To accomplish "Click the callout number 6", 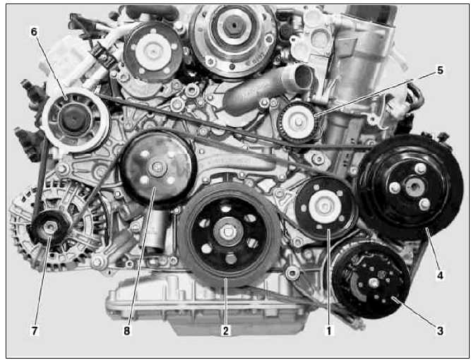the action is pyautogui.click(x=34, y=31).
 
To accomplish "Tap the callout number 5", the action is pyautogui.click(x=440, y=71).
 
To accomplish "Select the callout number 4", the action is pyautogui.click(x=440, y=275).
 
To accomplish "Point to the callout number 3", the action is pyautogui.click(x=440, y=331).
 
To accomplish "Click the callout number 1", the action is pyautogui.click(x=329, y=331).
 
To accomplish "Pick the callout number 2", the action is pyautogui.click(x=225, y=331).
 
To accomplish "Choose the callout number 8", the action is pyautogui.click(x=127, y=331).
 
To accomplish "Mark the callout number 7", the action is pyautogui.click(x=34, y=331).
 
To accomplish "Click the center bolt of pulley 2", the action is pyautogui.click(x=228, y=232).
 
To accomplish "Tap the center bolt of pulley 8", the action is pyautogui.click(x=157, y=167).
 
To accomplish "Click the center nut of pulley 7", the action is pyautogui.click(x=49, y=227).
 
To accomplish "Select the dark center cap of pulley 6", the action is pyautogui.click(x=73, y=119).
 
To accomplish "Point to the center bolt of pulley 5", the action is pyautogui.click(x=299, y=122).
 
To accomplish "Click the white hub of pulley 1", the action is pyautogui.click(x=324, y=207).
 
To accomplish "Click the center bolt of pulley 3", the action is pyautogui.click(x=374, y=283).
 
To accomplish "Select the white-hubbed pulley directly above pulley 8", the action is pyautogui.click(x=153, y=52).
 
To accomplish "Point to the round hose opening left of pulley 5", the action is pyautogui.click(x=304, y=76).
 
